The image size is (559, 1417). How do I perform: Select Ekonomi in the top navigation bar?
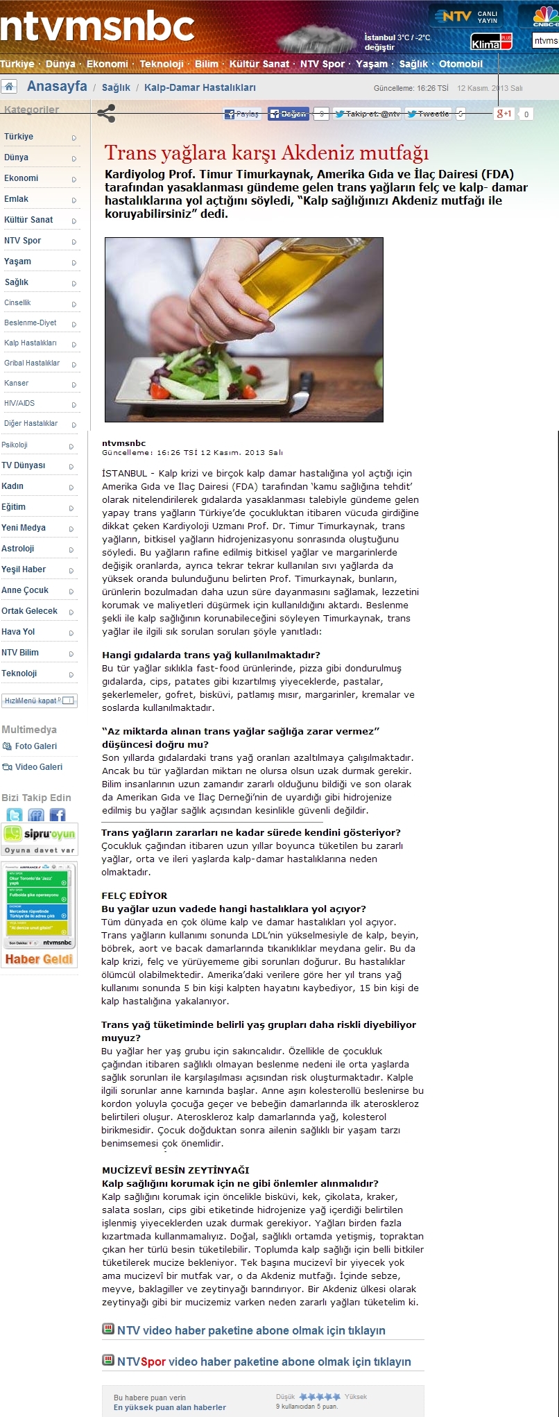[x=107, y=64]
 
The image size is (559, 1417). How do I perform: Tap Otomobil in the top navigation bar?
[x=461, y=64]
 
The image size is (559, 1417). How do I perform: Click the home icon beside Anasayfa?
[x=9, y=87]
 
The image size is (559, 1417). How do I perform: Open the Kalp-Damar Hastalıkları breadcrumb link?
[x=200, y=87]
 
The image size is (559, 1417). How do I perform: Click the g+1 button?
[x=504, y=114]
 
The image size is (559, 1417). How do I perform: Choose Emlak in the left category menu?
[x=17, y=199]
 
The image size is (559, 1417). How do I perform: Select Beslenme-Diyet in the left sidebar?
[x=31, y=323]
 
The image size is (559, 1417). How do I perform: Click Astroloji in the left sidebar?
[x=18, y=549]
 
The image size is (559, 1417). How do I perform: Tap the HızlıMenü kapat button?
[x=39, y=701]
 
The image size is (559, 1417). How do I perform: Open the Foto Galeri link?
[x=35, y=746]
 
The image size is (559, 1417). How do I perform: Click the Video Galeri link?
[x=38, y=767]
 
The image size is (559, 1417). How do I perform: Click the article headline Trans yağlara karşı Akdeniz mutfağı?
[x=266, y=153]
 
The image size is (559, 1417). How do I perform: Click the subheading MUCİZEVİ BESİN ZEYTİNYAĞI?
[x=175, y=1170]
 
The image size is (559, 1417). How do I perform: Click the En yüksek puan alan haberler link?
[x=170, y=1407]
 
